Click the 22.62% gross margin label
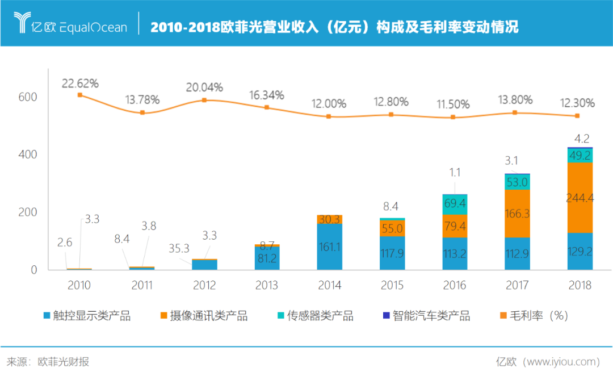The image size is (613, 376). (x=80, y=83)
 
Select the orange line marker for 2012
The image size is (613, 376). (x=204, y=100)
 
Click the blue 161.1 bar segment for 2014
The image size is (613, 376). (x=329, y=247)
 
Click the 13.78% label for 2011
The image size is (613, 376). (x=142, y=100)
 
